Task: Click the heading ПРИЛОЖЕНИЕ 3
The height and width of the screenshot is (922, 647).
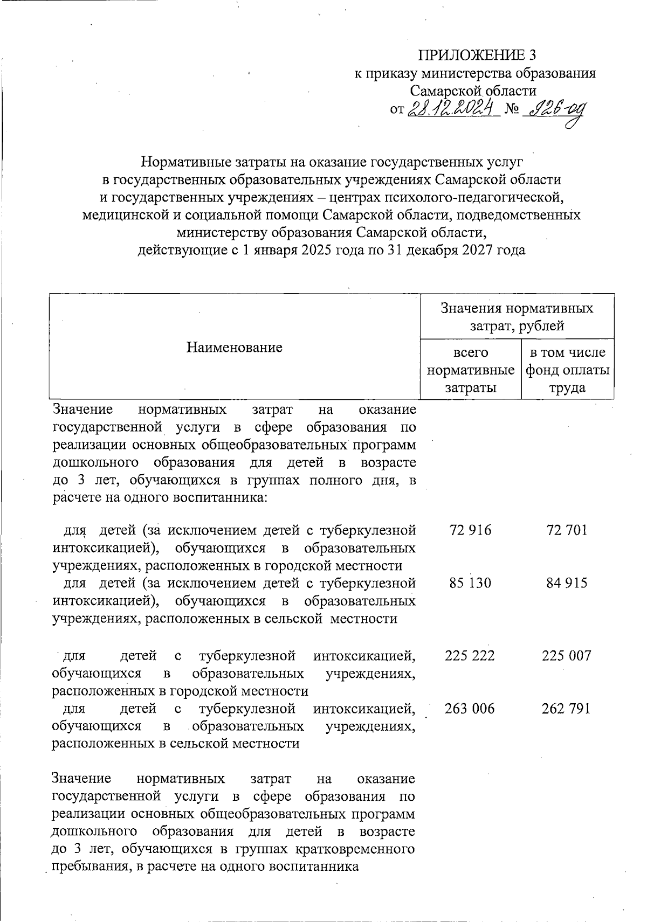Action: pyautogui.click(x=478, y=56)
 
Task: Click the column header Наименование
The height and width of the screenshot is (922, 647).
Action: pyautogui.click(x=235, y=347)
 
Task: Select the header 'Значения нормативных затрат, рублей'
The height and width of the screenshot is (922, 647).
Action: pyautogui.click(x=517, y=316)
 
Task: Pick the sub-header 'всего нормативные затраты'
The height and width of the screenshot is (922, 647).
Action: pyautogui.click(x=470, y=370)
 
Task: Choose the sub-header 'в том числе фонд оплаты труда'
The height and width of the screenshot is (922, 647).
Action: pyautogui.click(x=568, y=370)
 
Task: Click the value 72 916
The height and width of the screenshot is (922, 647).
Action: pyautogui.click(x=470, y=530)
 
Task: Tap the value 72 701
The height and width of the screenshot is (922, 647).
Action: pyautogui.click(x=566, y=530)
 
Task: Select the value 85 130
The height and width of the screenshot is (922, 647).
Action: pyautogui.click(x=470, y=583)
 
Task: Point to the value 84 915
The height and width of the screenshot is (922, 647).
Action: pyautogui.click(x=566, y=583)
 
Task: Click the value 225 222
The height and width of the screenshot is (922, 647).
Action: pyautogui.click(x=470, y=655)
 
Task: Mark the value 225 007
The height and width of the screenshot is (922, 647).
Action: pyautogui.click(x=566, y=655)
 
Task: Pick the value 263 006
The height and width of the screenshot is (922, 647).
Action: pyautogui.click(x=470, y=708)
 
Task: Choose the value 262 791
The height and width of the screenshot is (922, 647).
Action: pyautogui.click(x=566, y=708)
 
